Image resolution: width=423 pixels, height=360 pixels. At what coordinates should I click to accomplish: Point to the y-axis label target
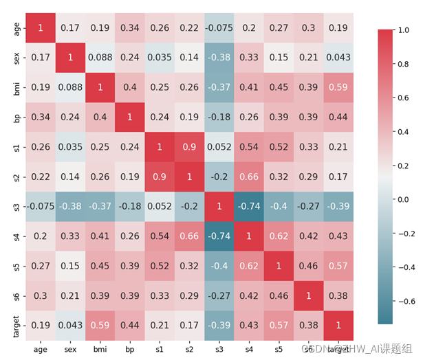coord(16,326)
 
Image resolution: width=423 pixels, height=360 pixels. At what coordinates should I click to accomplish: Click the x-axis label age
coord(41,350)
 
